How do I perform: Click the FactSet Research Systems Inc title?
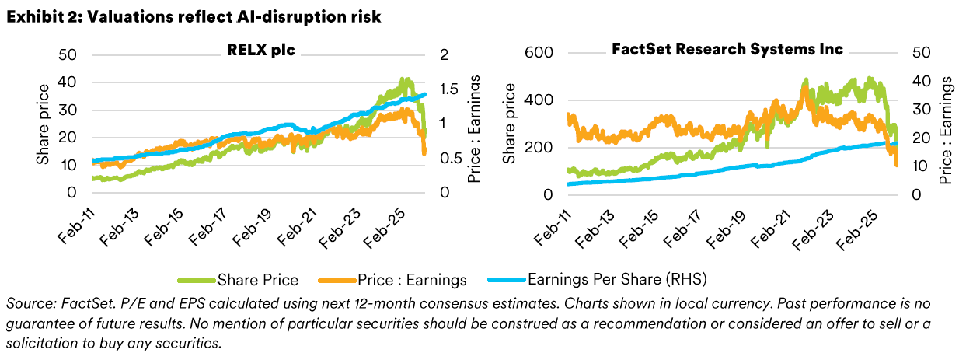(727, 50)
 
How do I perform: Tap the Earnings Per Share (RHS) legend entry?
(614, 277)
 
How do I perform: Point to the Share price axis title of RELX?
(44, 123)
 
